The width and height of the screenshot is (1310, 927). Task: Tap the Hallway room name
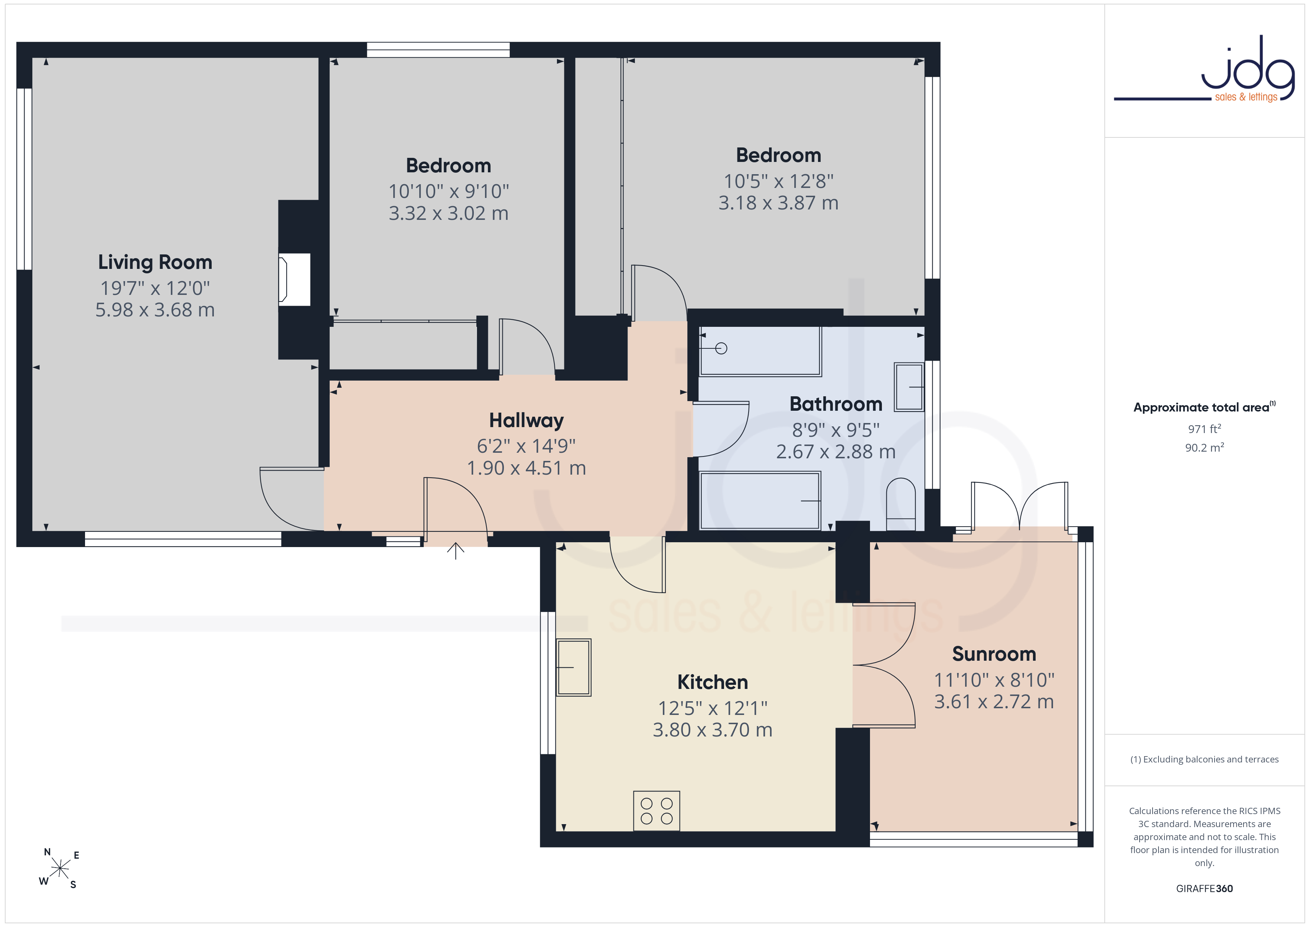526,421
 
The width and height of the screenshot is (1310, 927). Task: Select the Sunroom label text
994,654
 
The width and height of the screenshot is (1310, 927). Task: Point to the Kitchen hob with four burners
656,810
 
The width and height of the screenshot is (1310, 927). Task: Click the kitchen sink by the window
573,667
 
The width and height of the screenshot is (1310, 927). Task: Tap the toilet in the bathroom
901,504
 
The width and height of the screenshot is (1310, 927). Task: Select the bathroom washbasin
909,387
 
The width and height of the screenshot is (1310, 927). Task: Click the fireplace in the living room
294,279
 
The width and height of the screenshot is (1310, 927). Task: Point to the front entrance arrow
455,551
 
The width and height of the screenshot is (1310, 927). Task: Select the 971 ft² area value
1205,429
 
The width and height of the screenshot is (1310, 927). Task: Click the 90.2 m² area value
1205,448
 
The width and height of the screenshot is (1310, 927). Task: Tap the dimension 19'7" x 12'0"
155,288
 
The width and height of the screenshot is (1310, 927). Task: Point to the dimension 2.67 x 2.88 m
836,452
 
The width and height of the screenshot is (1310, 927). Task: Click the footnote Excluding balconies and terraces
1205,759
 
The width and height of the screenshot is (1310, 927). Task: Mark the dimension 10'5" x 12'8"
779,181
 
